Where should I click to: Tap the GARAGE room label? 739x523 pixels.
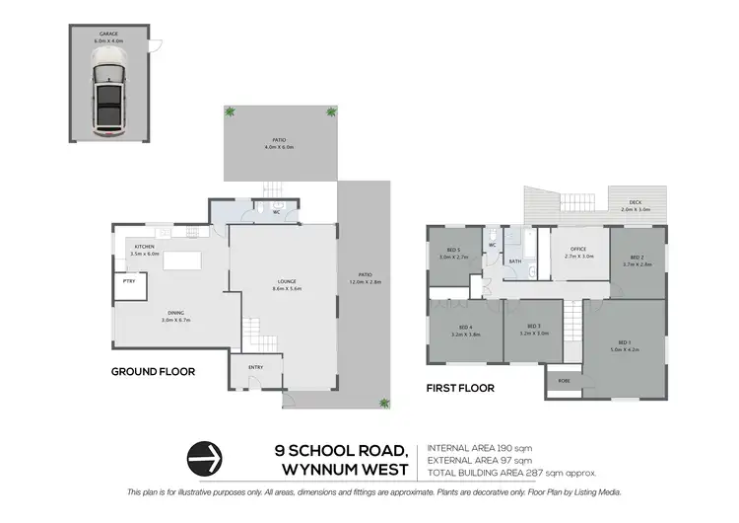(x=108, y=35)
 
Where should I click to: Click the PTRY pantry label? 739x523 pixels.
(x=129, y=281)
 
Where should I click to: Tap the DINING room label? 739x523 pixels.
(x=173, y=315)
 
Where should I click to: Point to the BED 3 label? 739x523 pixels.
(x=534, y=328)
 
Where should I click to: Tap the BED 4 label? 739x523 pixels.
(x=465, y=328)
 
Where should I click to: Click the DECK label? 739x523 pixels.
(x=636, y=203)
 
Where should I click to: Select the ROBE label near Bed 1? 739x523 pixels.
(x=564, y=379)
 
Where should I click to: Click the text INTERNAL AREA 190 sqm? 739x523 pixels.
(x=478, y=447)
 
